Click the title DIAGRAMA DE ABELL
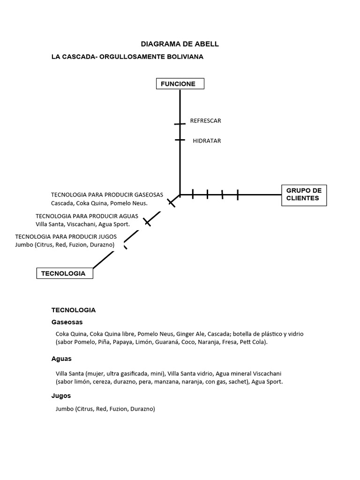click(180, 44)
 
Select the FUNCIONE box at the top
click(180, 84)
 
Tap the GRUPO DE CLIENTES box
click(304, 195)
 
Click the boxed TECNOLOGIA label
click(65, 273)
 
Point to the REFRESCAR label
click(205, 120)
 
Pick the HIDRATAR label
click(207, 141)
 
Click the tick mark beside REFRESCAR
click(180, 124)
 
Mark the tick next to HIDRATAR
click(180, 140)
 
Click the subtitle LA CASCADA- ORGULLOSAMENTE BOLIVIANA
click(127, 57)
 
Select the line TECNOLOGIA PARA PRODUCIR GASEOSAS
click(107, 195)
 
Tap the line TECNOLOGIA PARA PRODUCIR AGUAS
click(87, 216)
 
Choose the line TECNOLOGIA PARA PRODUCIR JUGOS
click(66, 237)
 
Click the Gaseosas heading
click(67, 322)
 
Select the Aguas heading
click(61, 359)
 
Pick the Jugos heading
click(61, 396)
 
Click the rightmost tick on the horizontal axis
click(238, 195)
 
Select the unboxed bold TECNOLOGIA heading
click(74, 310)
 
